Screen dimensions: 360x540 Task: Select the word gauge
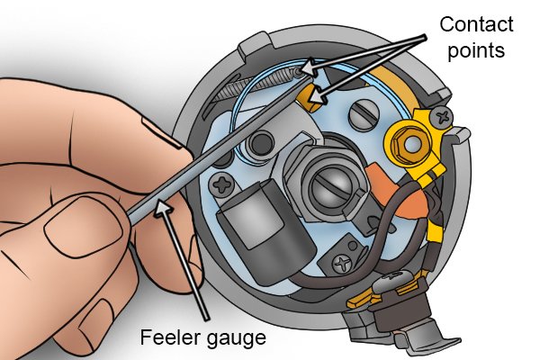pyautogui.click(x=235, y=339)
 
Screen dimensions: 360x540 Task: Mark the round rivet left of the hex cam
pyautogui.click(x=263, y=142)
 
